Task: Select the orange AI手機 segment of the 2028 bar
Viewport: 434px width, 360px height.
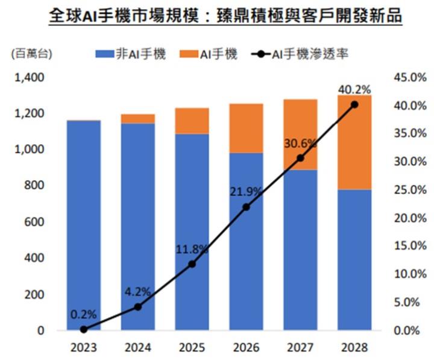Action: pos(354,142)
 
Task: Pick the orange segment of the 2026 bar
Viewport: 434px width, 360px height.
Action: pos(246,128)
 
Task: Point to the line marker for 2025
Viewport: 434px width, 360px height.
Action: pos(192,264)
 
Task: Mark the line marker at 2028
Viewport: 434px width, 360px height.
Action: pos(354,104)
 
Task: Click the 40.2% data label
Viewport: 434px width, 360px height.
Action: pos(354,89)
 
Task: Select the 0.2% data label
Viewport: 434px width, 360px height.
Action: pos(83,314)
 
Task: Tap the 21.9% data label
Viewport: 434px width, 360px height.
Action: pos(245,192)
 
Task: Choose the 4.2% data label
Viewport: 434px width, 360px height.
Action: pos(137,292)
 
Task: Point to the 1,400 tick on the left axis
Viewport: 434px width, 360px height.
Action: pos(28,77)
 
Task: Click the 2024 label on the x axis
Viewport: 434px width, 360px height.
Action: pos(137,348)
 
